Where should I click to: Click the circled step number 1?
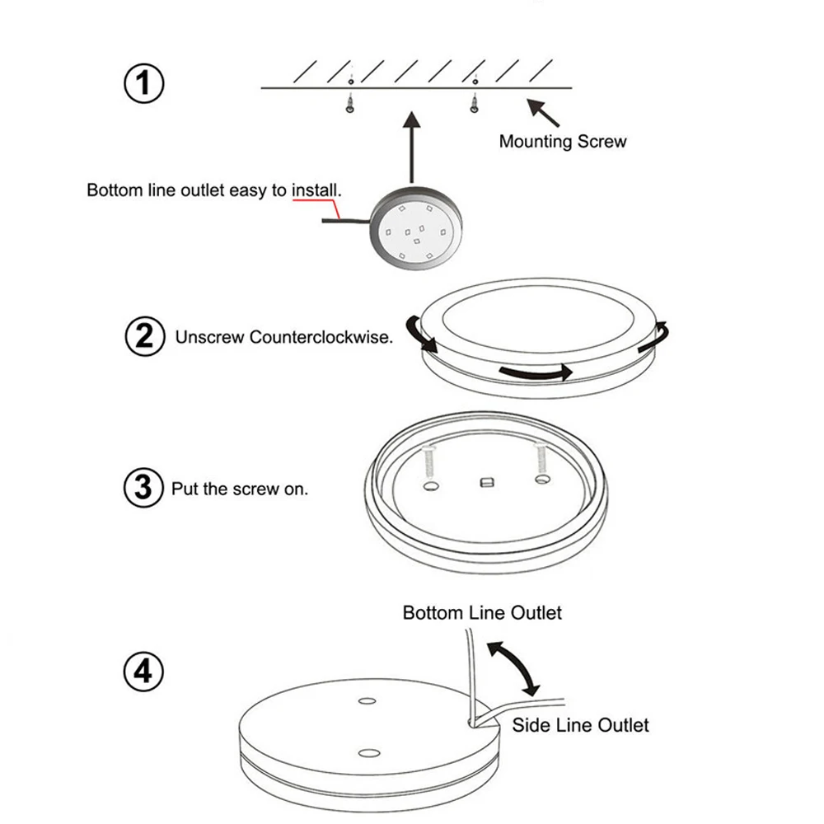click(144, 84)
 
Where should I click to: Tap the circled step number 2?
click(144, 337)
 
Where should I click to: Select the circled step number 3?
click(143, 488)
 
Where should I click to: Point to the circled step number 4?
click(143, 672)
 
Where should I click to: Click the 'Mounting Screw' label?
click(563, 141)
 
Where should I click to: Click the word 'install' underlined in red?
click(315, 190)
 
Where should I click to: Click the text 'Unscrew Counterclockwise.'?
click(284, 337)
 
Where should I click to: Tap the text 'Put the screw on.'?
click(240, 489)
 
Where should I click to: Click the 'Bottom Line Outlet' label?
click(482, 612)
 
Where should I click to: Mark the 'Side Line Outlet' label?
click(580, 725)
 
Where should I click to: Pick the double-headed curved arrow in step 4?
click(513, 665)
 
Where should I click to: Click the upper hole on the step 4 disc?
click(366, 701)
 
